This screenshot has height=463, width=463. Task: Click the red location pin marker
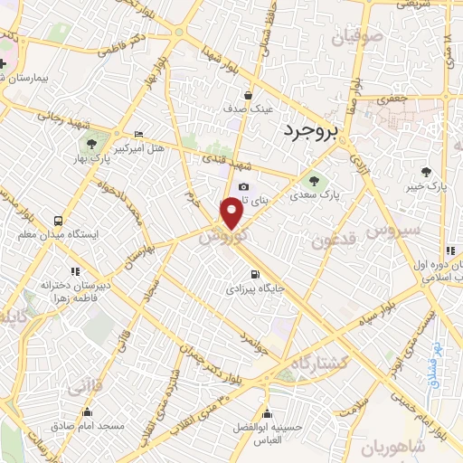coord(232,213)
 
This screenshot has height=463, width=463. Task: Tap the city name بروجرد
coord(308,132)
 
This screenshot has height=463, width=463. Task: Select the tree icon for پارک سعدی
coord(315,177)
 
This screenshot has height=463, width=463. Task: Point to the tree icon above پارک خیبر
coord(427,171)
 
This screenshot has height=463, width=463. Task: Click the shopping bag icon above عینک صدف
coord(248,94)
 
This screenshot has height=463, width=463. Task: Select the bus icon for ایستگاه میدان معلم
coord(59,220)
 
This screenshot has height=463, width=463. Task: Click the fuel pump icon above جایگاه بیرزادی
coord(254,274)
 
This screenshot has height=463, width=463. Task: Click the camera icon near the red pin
coord(242,187)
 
